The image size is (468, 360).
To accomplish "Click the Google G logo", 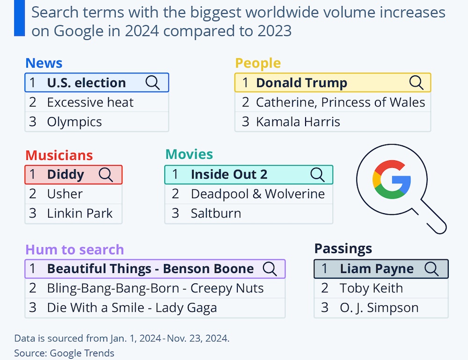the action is (x=391, y=180).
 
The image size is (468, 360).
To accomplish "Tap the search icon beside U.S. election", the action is (x=153, y=82).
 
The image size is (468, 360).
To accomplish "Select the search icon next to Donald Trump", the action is (x=416, y=82).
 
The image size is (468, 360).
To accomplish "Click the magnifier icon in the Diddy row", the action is (x=106, y=174).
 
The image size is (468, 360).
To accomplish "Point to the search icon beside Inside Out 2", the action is (x=317, y=174).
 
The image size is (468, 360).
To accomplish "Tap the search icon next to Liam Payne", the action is (x=431, y=269).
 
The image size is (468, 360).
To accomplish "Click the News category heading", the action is (x=44, y=63).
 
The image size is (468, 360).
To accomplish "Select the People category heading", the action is (x=258, y=63).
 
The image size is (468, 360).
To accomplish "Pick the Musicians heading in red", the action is (x=59, y=155).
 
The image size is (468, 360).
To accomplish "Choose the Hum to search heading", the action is (x=74, y=249).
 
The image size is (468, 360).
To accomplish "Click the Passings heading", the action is (x=343, y=248).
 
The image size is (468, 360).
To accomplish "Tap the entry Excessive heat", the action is (x=90, y=102).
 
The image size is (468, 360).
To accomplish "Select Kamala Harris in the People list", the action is (x=298, y=122).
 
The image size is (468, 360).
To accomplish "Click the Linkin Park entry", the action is (x=80, y=213).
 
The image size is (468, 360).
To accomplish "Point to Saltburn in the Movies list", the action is (x=216, y=213).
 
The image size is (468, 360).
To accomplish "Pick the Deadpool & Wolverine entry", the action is (x=258, y=194).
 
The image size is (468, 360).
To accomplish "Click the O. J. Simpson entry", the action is (x=379, y=308).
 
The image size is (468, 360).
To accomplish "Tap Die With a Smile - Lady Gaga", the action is (x=132, y=308).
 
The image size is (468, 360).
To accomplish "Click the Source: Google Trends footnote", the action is (x=64, y=353).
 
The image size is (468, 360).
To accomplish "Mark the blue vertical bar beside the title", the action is (x=19, y=18).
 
